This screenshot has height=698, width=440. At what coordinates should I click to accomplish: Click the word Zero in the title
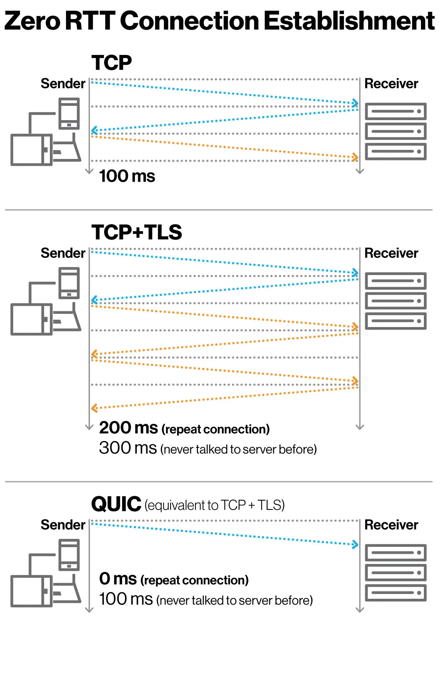32,21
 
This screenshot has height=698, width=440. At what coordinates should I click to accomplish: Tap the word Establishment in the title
349,21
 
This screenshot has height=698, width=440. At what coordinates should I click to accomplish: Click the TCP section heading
111,63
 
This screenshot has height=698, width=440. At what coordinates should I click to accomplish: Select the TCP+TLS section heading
136,232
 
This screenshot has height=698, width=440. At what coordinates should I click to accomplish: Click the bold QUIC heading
116,504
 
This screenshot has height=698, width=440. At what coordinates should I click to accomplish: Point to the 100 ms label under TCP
127,176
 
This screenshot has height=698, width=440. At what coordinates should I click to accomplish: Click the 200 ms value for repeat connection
128,428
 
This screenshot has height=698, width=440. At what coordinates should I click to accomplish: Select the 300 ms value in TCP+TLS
128,448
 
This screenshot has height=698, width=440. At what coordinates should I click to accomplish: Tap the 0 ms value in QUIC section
118,579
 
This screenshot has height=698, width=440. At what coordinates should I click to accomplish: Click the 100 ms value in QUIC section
126,599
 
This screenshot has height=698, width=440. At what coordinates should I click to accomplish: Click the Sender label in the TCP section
63,83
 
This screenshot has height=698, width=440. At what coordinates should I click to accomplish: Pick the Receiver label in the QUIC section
391,525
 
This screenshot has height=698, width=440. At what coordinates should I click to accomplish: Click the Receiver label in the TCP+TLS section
391,253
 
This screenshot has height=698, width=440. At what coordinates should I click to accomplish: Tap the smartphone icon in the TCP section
69,113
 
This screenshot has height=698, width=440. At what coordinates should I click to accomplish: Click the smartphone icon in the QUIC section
69,554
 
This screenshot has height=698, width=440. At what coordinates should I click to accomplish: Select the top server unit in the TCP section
396,111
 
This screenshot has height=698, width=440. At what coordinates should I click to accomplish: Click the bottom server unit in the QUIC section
396,593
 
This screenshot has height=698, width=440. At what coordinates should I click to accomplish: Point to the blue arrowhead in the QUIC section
355,545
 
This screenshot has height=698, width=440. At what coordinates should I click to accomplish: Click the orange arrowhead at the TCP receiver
355,157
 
